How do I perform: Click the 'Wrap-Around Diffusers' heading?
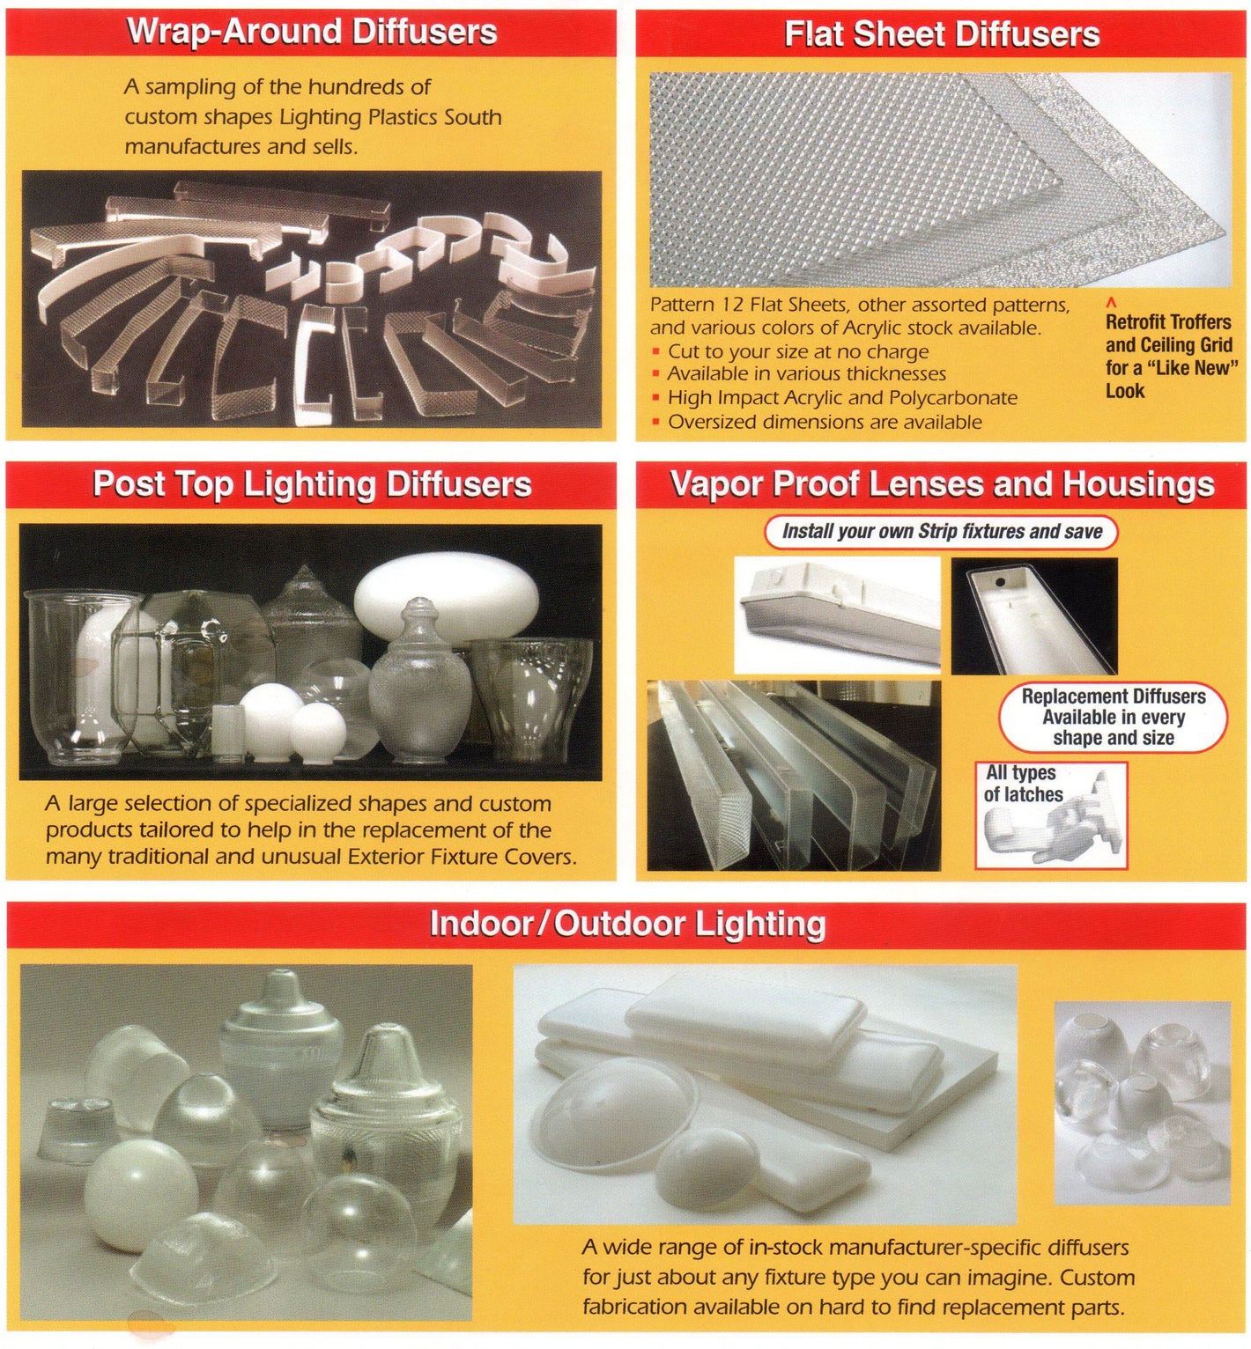(312, 32)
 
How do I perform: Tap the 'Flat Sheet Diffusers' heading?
(941, 34)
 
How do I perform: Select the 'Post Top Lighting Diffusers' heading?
(312, 484)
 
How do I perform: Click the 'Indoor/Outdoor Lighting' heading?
(627, 924)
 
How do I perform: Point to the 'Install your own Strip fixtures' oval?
(941, 532)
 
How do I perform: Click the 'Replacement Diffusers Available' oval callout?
(1113, 717)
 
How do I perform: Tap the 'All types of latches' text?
(1022, 784)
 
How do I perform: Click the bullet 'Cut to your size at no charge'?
(797, 351)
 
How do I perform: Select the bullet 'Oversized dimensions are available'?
(824, 422)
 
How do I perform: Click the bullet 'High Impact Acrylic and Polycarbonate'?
(841, 398)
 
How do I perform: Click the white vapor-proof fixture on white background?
(837, 614)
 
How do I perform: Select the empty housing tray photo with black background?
(1034, 616)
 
